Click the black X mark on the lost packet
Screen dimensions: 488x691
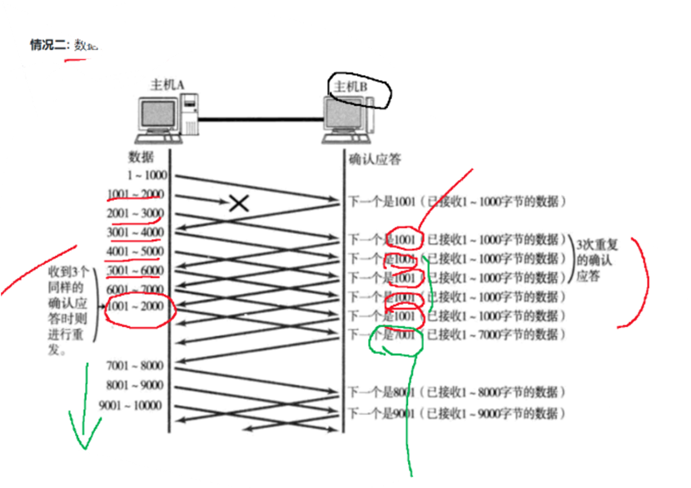[x=239, y=203]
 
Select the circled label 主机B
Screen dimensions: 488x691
[x=350, y=87]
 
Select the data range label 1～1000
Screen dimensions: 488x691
[x=147, y=176]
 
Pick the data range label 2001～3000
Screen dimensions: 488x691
[x=136, y=213]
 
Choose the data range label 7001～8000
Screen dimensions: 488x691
[x=136, y=366]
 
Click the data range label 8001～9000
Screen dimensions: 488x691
[x=136, y=386]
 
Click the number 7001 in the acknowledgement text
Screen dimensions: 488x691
[x=405, y=335]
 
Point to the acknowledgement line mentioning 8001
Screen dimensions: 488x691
[x=456, y=392]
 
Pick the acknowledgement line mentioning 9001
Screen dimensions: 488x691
[x=456, y=413]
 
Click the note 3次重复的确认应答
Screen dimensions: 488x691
[x=594, y=259]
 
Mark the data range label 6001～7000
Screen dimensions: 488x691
[x=136, y=289]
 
